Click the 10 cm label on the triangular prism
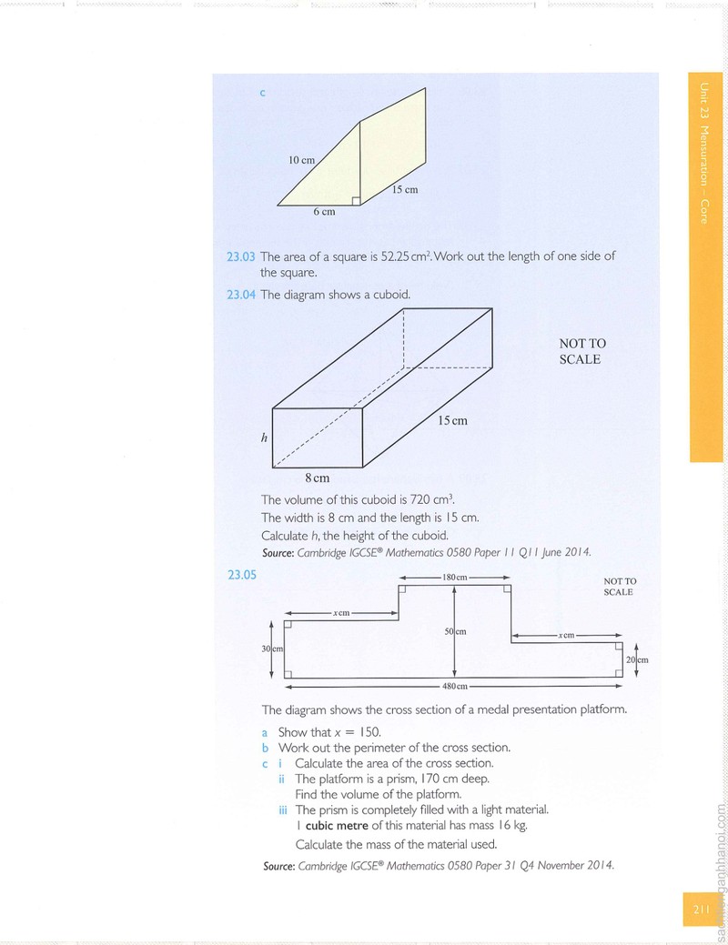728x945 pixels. click(x=301, y=160)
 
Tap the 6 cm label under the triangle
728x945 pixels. click(x=325, y=212)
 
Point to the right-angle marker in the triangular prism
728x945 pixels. click(x=356, y=201)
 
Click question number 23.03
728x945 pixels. click(x=241, y=256)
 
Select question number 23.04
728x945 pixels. click(x=241, y=295)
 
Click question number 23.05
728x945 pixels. click(x=242, y=575)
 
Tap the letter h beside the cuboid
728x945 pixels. click(x=264, y=438)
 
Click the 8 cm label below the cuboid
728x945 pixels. click(x=318, y=478)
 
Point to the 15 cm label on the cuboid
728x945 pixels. click(x=452, y=421)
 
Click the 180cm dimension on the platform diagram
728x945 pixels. click(x=455, y=578)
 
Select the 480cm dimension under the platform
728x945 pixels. click(x=455, y=686)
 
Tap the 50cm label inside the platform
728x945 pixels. click(x=455, y=631)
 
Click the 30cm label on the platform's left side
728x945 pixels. click(x=272, y=648)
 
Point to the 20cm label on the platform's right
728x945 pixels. click(x=637, y=660)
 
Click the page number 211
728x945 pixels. click(x=701, y=910)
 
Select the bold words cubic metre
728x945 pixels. click(x=337, y=826)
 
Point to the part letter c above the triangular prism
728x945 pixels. click(x=262, y=93)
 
